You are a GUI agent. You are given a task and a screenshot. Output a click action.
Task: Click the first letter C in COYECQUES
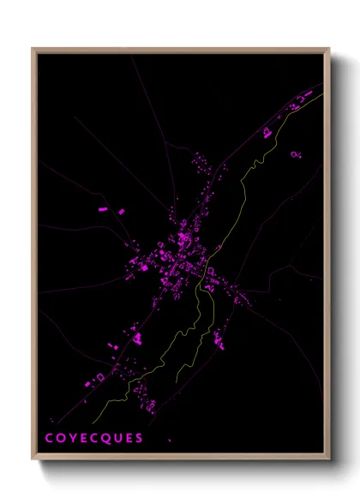50,439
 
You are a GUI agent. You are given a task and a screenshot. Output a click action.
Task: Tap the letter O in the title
61,439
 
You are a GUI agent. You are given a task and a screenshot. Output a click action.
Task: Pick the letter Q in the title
106,439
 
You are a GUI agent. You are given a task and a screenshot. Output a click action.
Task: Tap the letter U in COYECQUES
117,439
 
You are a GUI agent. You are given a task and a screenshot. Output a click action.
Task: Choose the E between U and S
129,439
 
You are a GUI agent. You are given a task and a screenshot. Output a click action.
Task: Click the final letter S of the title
139,439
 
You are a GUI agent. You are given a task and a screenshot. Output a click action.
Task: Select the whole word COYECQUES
94,439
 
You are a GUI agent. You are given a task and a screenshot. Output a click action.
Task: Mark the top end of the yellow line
322,94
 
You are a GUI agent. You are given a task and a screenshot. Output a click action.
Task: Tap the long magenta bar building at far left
103,208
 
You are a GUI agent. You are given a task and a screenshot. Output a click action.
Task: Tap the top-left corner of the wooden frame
33,49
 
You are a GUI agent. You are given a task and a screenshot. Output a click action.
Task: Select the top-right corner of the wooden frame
329,49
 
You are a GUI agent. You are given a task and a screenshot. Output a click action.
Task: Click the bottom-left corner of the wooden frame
33,460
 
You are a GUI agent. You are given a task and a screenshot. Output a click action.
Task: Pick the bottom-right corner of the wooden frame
329,460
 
